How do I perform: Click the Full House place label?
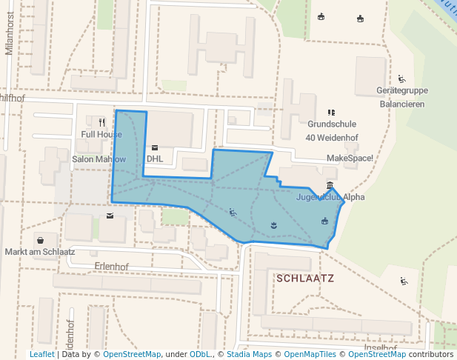pyautogui.click(x=101, y=134)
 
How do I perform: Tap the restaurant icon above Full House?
pyautogui.click(x=101, y=122)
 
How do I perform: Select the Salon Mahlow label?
pyautogui.click(x=99, y=159)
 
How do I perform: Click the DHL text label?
pyautogui.click(x=155, y=159)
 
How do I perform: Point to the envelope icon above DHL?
pyautogui.click(x=155, y=147)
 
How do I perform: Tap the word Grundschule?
pyautogui.click(x=332, y=124)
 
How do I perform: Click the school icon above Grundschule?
pyautogui.click(x=331, y=113)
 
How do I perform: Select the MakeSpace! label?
pyautogui.click(x=350, y=159)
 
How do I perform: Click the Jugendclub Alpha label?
pyautogui.click(x=330, y=197)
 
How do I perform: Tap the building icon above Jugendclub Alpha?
pyautogui.click(x=330, y=185)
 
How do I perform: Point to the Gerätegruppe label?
pyautogui.click(x=402, y=91)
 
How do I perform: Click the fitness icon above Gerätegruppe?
pyautogui.click(x=401, y=79)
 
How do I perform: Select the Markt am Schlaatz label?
pyautogui.click(x=40, y=252)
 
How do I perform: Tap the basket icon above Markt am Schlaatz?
pyautogui.click(x=39, y=240)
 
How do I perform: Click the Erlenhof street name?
pyautogui.click(x=112, y=266)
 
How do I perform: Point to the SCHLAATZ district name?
pyautogui.click(x=304, y=279)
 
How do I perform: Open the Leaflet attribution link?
pyautogui.click(x=42, y=354)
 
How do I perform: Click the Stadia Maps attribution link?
pyautogui.click(x=249, y=354)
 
